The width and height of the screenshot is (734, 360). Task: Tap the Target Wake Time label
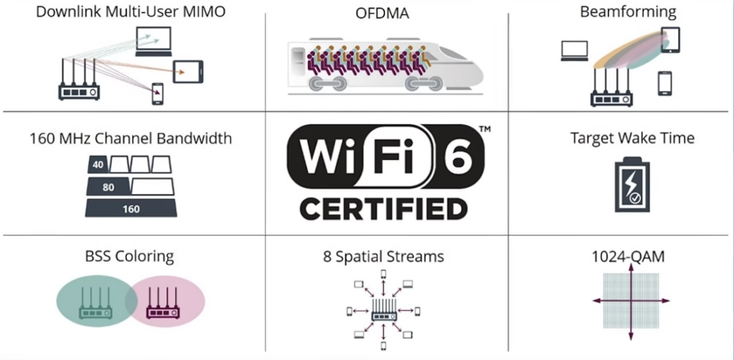[x=632, y=138]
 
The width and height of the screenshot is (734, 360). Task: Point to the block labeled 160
[x=130, y=209]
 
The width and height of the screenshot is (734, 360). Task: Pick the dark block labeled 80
[x=108, y=187]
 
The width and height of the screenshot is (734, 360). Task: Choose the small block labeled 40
[x=97, y=165]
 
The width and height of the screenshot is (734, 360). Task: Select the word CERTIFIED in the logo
[x=383, y=209]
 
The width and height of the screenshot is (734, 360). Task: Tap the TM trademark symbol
[x=485, y=129]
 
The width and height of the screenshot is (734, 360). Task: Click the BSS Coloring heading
[x=128, y=256]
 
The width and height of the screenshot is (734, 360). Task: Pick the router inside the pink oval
[x=162, y=304]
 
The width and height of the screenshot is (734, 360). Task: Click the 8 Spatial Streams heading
[x=383, y=256]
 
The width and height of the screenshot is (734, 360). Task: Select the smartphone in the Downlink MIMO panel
[x=157, y=94]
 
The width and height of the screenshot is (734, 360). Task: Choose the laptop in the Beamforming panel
[x=574, y=51]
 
